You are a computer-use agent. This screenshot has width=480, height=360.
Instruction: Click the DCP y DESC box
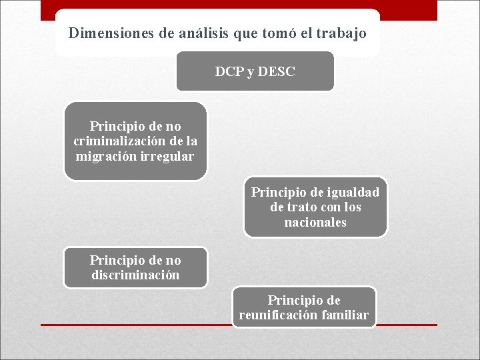(255, 71)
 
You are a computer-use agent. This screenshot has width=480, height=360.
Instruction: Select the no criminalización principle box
(135, 141)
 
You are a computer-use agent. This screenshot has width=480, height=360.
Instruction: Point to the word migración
(103, 157)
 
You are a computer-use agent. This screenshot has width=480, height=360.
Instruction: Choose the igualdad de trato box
(315, 207)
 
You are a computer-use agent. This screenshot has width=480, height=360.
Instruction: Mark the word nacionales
(315, 223)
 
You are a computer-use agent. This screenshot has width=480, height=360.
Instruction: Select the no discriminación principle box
(135, 267)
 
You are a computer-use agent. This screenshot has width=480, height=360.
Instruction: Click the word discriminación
(135, 275)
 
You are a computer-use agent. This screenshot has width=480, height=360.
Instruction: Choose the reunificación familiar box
(304, 307)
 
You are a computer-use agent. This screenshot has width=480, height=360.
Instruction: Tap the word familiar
(345, 315)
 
